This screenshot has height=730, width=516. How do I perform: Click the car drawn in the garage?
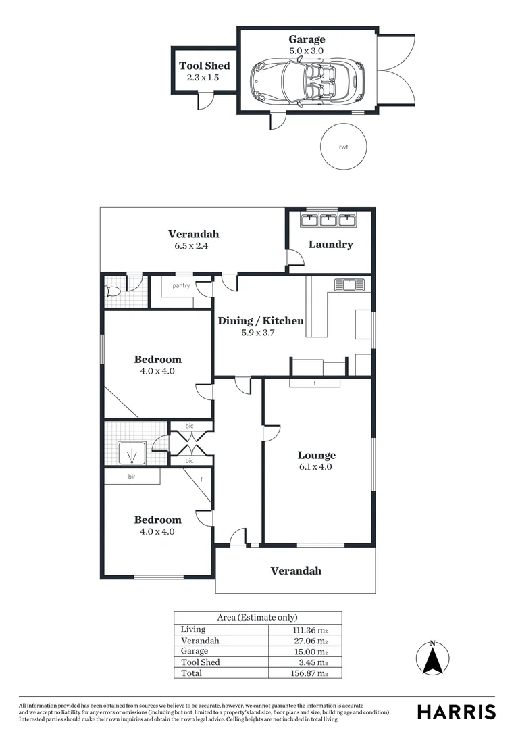[307, 82]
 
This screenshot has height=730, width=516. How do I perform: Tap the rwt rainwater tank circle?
[343, 146]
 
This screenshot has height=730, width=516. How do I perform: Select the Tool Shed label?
[204, 66]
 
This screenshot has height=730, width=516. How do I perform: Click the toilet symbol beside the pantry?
[113, 292]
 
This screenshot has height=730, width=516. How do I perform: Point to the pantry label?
[181, 285]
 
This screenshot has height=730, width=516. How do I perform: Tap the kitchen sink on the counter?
[349, 285]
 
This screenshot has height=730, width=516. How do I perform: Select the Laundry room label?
[330, 244]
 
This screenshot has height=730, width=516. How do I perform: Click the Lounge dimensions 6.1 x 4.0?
[316, 466]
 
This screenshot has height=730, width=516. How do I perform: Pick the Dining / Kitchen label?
[261, 320]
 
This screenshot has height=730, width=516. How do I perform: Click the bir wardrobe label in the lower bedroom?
[132, 477]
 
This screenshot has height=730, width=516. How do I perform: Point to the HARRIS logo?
[456, 712]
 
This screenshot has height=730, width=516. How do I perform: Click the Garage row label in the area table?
[195, 652]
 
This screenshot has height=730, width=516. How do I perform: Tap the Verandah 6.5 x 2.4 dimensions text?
[193, 246]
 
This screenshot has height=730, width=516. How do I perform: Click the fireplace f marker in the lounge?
[315, 383]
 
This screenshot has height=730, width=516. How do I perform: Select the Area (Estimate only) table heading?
[257, 618]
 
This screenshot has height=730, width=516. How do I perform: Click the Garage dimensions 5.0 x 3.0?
[307, 51]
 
